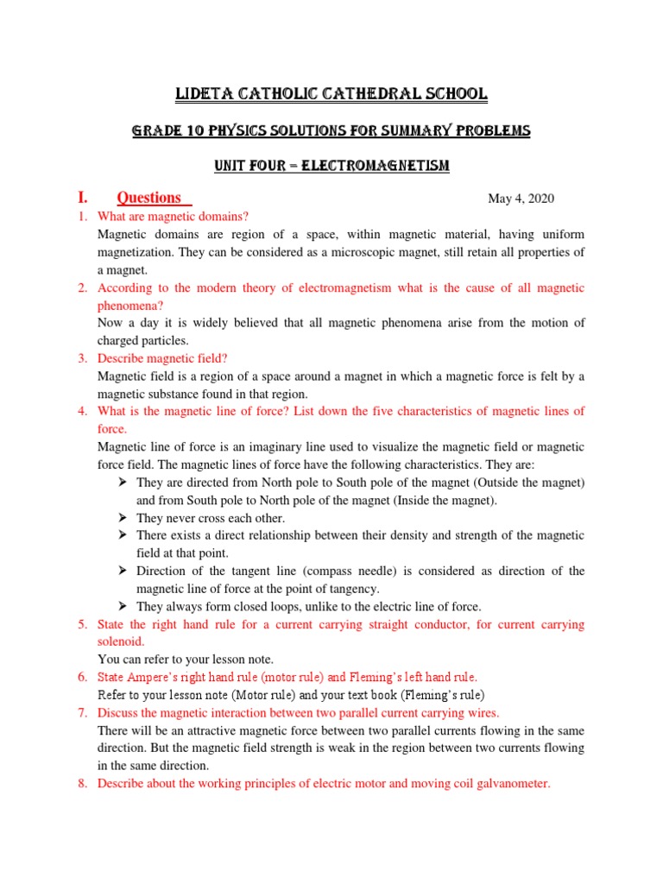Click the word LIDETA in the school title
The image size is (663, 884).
pyautogui.click(x=205, y=93)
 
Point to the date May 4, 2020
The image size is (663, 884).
pyautogui.click(x=521, y=199)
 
